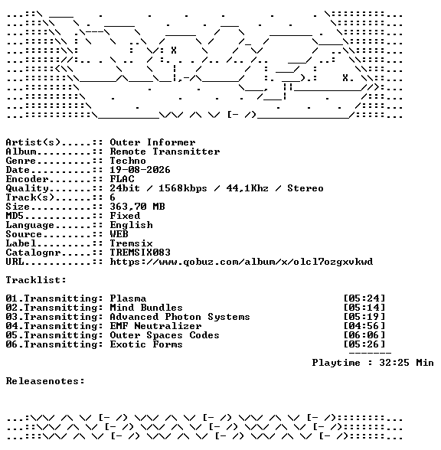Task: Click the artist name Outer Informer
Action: coord(152,142)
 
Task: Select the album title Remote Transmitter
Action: coord(165,152)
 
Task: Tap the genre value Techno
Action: coord(128,161)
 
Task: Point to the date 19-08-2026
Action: coord(140,170)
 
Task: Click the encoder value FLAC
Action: coord(122,179)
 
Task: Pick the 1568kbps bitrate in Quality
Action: coord(183,188)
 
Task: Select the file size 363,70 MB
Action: coord(137,207)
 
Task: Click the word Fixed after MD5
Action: coord(125,216)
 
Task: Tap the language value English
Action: coord(131,225)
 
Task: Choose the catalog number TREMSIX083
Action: coord(140,253)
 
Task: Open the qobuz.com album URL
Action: coord(241,262)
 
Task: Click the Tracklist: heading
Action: coord(36,280)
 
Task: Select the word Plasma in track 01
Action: coord(128,298)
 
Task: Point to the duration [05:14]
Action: coord(364,308)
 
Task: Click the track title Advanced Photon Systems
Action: coord(180,317)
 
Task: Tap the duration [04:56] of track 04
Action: coord(364,326)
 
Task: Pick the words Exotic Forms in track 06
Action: coord(146,344)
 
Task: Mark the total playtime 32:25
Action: coord(394,363)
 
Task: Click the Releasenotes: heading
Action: coord(45,381)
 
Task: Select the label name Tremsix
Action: coord(131,243)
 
